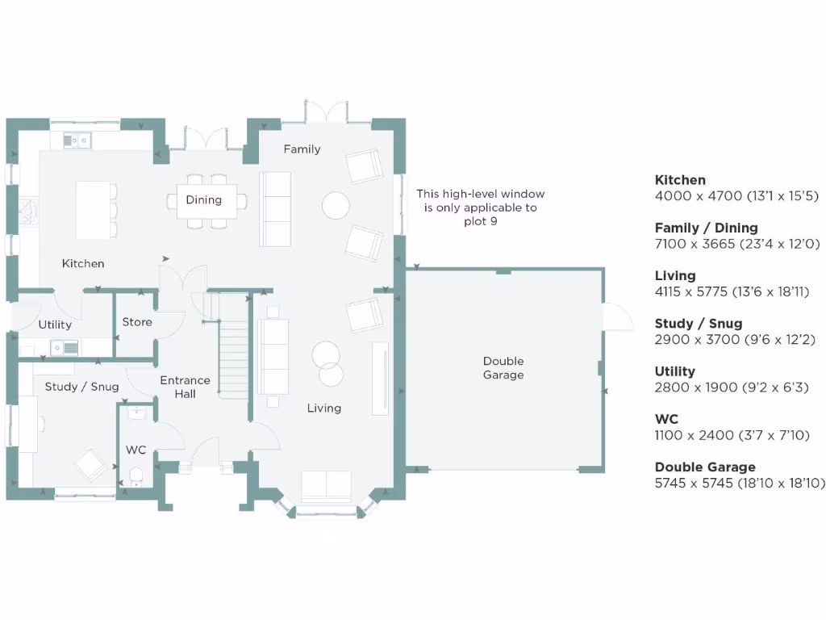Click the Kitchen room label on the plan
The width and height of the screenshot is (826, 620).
point(83,263)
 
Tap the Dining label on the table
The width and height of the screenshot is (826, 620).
point(203,200)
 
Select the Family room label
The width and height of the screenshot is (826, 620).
point(302,149)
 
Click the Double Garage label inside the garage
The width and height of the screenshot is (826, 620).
point(503,368)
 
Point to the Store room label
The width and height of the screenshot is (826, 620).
point(137,322)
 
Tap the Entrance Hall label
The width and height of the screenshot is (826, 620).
point(185,387)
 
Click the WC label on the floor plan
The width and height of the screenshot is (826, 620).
point(135,450)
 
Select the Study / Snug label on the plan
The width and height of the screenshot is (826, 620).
point(81,387)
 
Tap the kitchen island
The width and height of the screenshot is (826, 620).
point(93,210)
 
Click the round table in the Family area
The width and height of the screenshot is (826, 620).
point(336,206)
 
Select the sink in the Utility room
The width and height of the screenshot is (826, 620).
point(64,347)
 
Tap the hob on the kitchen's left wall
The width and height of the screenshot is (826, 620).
point(29,212)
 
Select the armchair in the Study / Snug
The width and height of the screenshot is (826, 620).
point(89,466)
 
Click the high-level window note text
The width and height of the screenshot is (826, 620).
point(480,207)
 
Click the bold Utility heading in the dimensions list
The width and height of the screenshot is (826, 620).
point(675,371)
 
